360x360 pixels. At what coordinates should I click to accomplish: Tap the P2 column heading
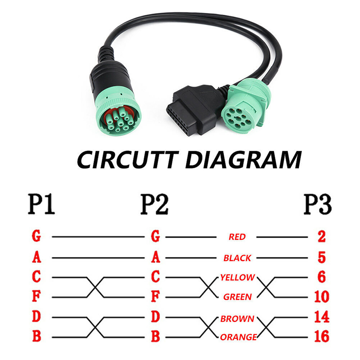[x=155, y=205]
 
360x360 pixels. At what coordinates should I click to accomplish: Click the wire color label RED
[x=237, y=237]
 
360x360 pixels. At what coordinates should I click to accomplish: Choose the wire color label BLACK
[x=237, y=258]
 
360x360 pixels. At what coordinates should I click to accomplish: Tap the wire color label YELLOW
[x=238, y=278]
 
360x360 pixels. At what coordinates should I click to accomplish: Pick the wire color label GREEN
[x=237, y=297]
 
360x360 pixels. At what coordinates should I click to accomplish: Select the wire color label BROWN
[x=237, y=319]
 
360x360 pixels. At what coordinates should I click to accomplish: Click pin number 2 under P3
[x=321, y=236]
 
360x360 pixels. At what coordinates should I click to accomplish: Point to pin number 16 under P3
[x=321, y=336]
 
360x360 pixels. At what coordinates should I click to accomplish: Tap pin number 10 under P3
[x=321, y=297]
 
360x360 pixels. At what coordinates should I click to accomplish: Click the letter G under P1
[x=37, y=236]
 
